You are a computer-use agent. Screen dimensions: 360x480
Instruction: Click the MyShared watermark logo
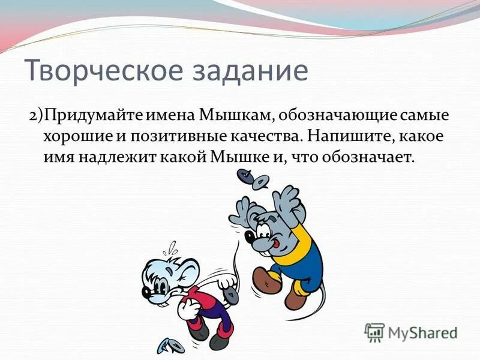pos(411,332)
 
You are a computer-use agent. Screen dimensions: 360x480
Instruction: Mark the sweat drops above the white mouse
pos(172,246)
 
